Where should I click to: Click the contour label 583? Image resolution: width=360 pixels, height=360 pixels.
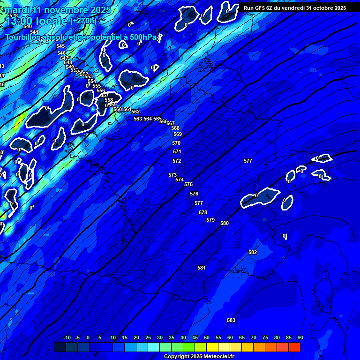click(231, 320)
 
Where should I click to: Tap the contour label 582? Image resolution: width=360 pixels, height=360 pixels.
click(253, 252)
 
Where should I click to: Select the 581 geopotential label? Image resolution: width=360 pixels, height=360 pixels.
click(202, 268)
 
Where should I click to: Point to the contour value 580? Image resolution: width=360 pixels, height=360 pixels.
click(225, 223)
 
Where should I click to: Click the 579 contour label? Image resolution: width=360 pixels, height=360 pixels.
click(210, 220)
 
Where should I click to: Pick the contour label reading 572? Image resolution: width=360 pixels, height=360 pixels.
click(177, 161)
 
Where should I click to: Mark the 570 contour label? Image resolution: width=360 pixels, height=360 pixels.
click(176, 143)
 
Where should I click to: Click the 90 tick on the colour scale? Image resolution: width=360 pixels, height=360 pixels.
click(300, 337)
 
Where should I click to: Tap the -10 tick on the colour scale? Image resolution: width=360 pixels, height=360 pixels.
click(67, 337)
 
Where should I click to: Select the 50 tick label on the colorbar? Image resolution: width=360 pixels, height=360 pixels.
click(207, 337)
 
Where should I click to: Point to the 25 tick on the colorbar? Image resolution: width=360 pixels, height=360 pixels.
click(148, 337)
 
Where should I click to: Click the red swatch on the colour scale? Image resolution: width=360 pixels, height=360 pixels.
click(294, 347)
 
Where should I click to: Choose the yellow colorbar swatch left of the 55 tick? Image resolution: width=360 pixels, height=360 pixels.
click(212, 347)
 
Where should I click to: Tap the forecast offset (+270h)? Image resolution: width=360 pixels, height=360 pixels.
click(83, 21)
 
